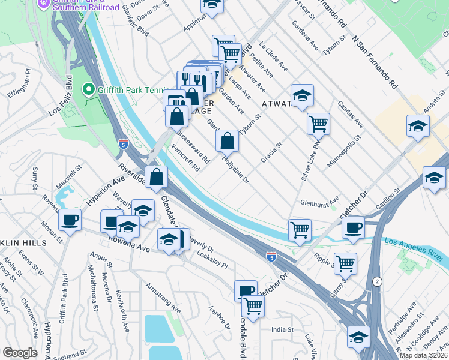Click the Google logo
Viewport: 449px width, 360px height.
coord(20,353)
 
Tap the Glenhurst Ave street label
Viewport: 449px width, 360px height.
coord(320,203)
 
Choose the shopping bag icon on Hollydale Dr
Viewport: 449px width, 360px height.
coord(228,142)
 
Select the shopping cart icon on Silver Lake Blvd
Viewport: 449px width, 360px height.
coord(318,124)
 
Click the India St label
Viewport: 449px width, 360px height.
coord(282,329)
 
